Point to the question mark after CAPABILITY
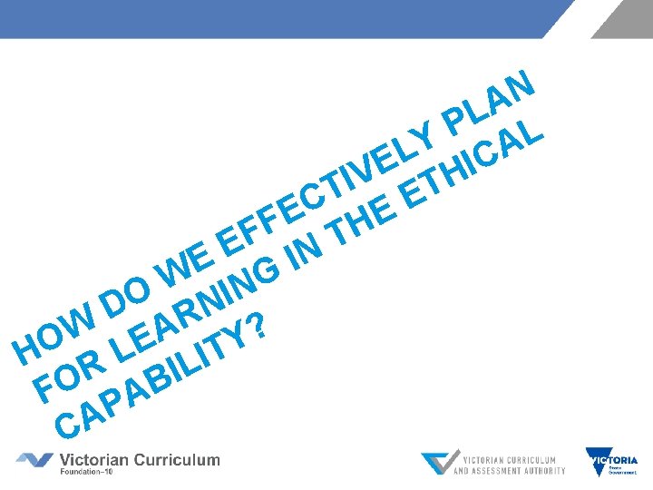click(x=258, y=327)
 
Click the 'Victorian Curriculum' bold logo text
click(x=140, y=458)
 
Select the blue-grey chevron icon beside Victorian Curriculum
click(x=34, y=460)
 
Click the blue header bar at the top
click(x=272, y=18)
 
